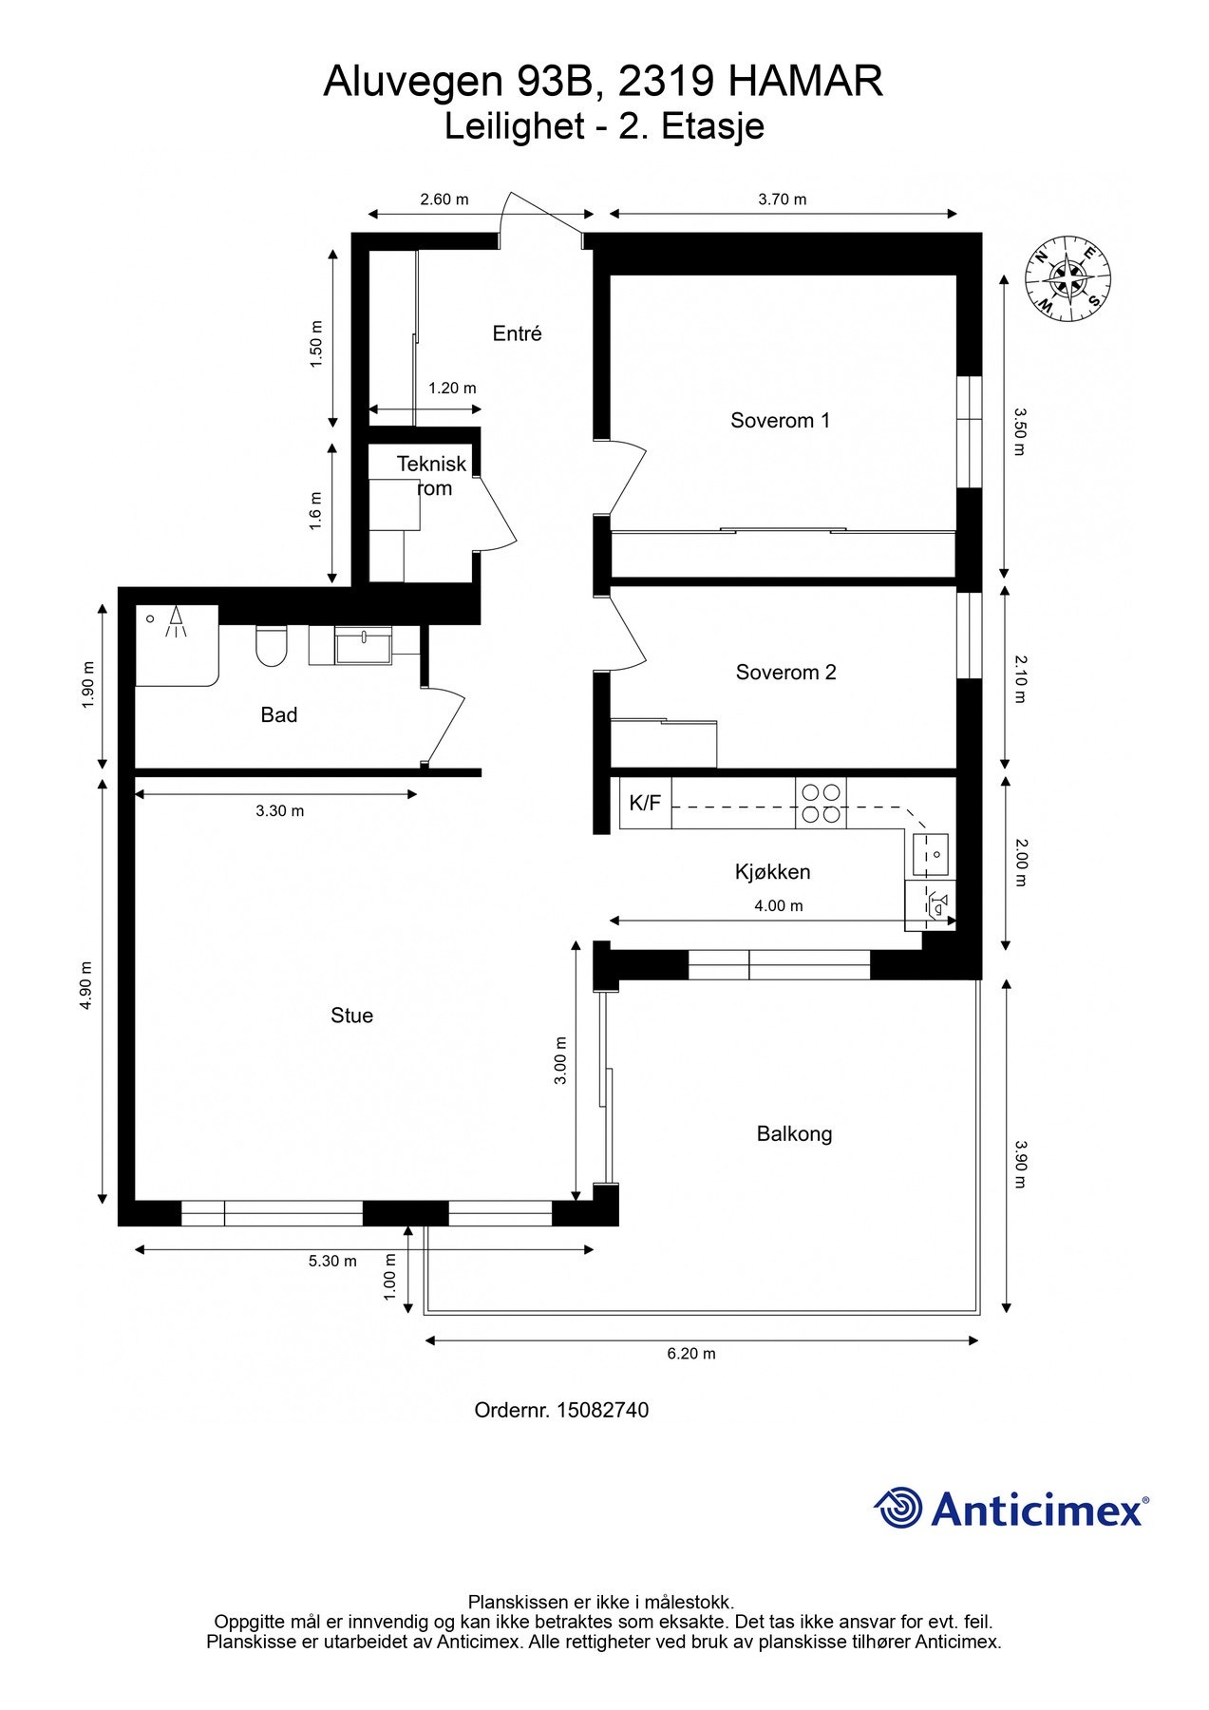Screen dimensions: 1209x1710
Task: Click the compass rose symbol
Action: (1067, 277)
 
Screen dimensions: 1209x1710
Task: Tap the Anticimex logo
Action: (1011, 1508)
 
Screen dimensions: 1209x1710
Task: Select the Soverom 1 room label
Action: (780, 420)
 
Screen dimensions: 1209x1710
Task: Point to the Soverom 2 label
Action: (785, 673)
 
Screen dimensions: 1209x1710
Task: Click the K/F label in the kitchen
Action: (645, 803)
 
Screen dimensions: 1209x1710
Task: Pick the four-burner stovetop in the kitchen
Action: (821, 803)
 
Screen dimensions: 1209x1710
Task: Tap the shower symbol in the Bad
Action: (175, 622)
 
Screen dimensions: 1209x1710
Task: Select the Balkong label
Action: (794, 1133)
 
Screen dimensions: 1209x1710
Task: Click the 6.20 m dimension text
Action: (691, 1353)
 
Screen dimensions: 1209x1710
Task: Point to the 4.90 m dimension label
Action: (86, 987)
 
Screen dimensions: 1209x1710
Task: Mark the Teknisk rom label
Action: (431, 476)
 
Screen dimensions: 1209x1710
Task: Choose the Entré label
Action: (517, 333)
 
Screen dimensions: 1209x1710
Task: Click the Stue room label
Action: (351, 1016)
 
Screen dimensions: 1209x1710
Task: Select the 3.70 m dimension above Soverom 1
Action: (783, 199)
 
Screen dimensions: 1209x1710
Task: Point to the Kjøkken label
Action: (772, 872)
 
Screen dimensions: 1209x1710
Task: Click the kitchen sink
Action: (930, 853)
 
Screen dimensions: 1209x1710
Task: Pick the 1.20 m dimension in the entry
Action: (452, 388)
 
